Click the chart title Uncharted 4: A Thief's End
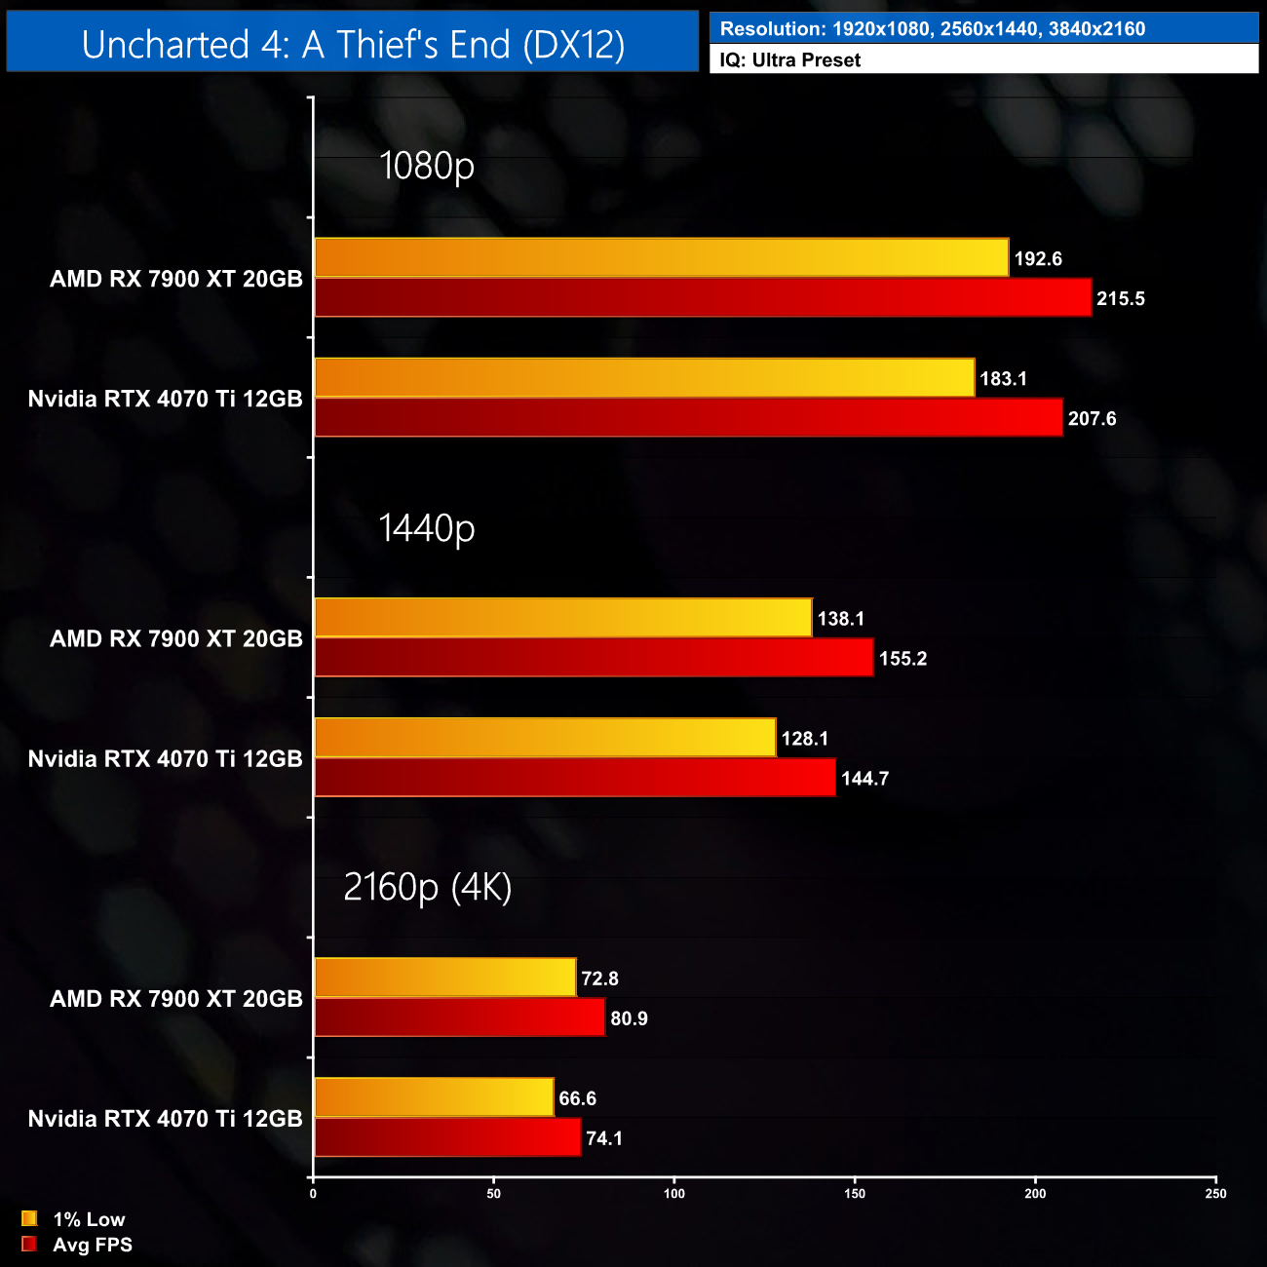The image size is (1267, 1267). pos(353,44)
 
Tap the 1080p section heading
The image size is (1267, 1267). pos(426,166)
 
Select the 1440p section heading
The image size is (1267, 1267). pos(426,527)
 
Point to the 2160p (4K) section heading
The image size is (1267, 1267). pos(427,887)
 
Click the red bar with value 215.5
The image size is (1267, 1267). pos(703,297)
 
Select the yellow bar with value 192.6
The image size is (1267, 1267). pos(661,257)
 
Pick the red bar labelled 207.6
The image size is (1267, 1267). pos(688,417)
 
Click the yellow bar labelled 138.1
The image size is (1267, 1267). pos(562,618)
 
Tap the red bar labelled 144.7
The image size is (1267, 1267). pos(575,777)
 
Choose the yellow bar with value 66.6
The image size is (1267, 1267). pos(434,1097)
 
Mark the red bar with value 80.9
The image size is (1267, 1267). pos(459,1017)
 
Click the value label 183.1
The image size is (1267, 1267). pos(1003,378)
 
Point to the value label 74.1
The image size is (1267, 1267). pos(604,1138)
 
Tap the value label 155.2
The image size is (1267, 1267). pos(902,659)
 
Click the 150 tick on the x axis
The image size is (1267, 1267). pos(855,1194)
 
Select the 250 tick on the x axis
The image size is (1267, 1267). pos(1215,1194)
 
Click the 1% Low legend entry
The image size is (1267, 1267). pos(88,1219)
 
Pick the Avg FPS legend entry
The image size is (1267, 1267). pos(92,1245)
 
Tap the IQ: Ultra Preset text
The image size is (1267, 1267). pos(789,60)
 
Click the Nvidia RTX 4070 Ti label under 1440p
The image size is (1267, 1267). pos(165,758)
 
